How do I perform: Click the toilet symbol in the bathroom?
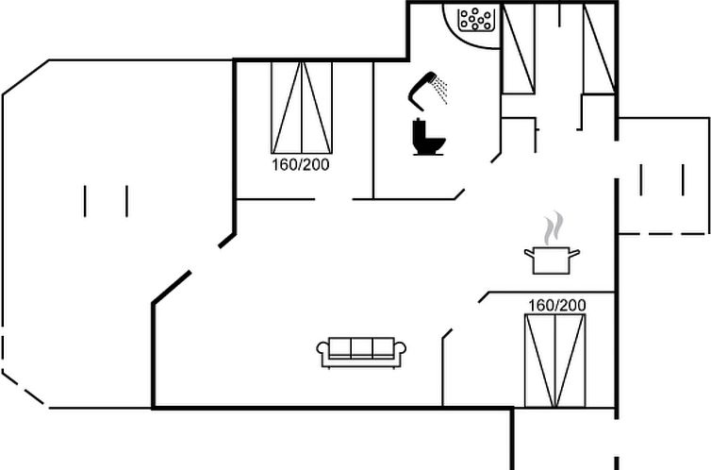pyautogui.click(x=428, y=137)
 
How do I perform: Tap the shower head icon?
pyautogui.click(x=422, y=91)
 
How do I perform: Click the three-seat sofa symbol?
pyautogui.click(x=361, y=353)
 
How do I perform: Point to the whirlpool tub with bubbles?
pyautogui.click(x=475, y=20)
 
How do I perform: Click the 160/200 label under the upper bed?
pyautogui.click(x=300, y=164)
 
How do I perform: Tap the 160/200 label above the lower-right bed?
pyautogui.click(x=557, y=306)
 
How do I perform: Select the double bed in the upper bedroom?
pyautogui.click(x=302, y=108)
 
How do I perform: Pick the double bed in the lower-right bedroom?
pyautogui.click(x=555, y=361)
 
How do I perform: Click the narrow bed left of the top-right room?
pyautogui.click(x=519, y=49)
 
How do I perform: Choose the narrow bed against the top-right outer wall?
pyautogui.click(x=599, y=49)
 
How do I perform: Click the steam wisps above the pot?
pyautogui.click(x=554, y=227)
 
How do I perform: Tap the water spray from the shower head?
pyautogui.click(x=440, y=90)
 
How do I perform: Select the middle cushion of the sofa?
pyautogui.click(x=361, y=347)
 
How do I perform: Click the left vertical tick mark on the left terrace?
pyautogui.click(x=85, y=201)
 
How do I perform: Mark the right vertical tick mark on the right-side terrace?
pyautogui.click(x=683, y=180)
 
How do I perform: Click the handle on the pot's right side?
pyautogui.click(x=574, y=253)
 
